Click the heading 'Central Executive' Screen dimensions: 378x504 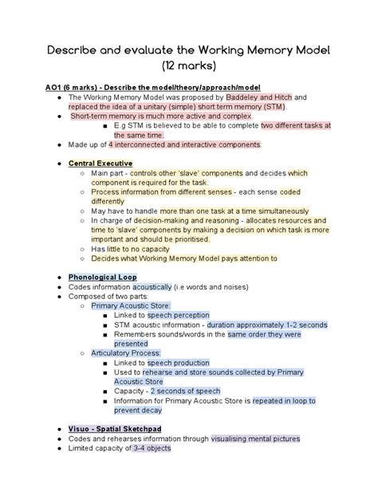pyautogui.click(x=100, y=163)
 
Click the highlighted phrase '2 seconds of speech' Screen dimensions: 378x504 pyautogui.click(x=187, y=391)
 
